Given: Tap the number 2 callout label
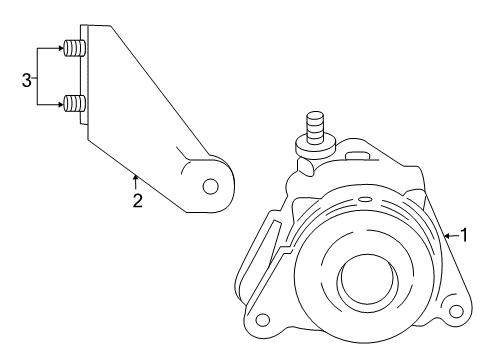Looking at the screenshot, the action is click(x=138, y=200).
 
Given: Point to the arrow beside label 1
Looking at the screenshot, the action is click(x=449, y=236).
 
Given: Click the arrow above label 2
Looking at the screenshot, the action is click(x=135, y=180).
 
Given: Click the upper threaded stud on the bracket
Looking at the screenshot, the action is click(x=73, y=47).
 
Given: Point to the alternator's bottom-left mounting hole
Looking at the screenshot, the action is click(x=263, y=321).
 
